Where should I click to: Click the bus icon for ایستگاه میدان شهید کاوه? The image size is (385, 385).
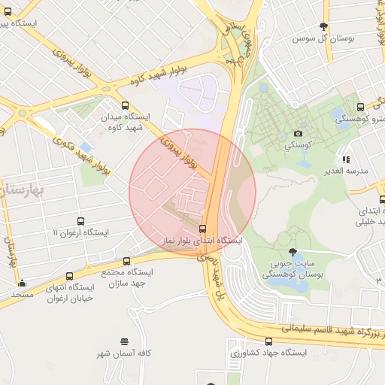(125, 106)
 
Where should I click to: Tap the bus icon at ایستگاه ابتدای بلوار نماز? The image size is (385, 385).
(203, 229)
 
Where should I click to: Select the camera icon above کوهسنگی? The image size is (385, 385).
(299, 133)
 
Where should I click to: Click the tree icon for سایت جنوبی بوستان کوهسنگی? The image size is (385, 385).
(292, 253)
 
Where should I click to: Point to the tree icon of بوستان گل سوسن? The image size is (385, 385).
(324, 27)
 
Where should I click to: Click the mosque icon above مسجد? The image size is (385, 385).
(23, 283)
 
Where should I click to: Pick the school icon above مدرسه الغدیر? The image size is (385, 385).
(346, 159)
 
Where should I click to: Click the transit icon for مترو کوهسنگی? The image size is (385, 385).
(361, 108)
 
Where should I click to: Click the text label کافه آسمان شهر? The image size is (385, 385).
(124, 353)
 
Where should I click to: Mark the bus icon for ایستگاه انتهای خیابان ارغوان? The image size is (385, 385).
(70, 276)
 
